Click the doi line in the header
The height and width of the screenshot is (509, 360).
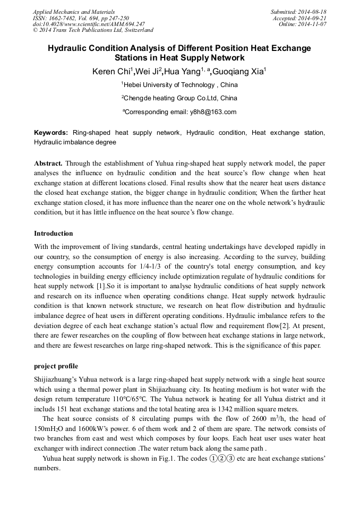[x=89, y=24]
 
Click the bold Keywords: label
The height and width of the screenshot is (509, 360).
[x=51, y=133]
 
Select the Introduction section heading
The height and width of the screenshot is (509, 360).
[x=54, y=234]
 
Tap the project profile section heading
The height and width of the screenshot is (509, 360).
[x=56, y=366]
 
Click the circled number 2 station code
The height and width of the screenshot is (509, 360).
[x=221, y=460]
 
